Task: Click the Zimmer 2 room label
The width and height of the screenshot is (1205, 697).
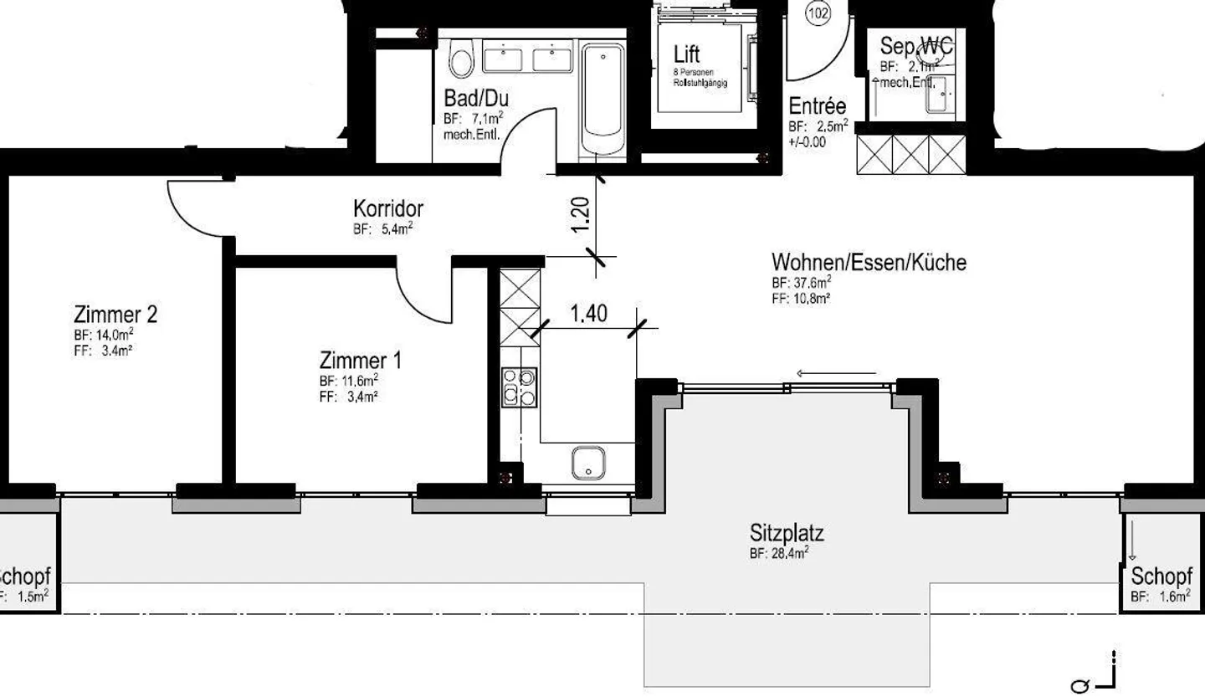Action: click(115, 315)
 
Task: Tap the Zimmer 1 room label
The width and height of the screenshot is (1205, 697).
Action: click(360, 361)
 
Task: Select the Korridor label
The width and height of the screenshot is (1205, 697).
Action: click(387, 208)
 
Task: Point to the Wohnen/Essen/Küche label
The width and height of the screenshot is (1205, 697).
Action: click(869, 262)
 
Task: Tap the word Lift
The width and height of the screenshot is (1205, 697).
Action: click(686, 55)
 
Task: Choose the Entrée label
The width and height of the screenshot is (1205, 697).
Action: click(818, 106)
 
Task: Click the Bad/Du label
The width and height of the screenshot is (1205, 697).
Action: click(475, 98)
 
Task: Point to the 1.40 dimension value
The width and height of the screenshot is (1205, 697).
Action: click(590, 314)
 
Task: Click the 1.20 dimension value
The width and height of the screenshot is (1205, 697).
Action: click(584, 214)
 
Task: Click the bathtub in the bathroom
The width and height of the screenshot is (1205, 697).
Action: click(602, 100)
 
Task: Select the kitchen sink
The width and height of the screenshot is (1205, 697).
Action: click(588, 463)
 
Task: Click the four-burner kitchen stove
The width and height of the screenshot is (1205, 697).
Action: click(519, 387)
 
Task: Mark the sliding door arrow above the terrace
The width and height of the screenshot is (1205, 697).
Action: click(837, 374)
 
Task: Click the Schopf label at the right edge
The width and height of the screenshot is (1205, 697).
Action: click(1161, 577)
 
